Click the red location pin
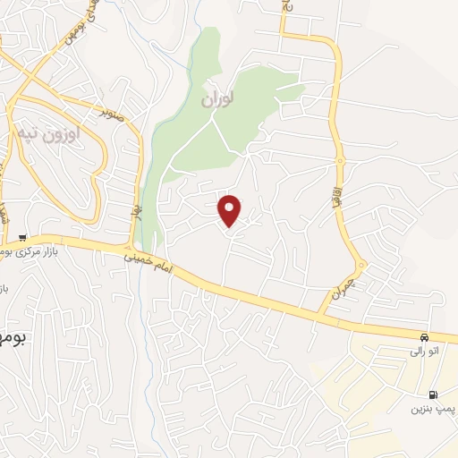point(230,210)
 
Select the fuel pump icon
point(434,394)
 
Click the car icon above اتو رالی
point(423,337)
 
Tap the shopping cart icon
point(21,237)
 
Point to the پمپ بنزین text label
point(428,410)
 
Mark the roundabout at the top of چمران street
point(360,266)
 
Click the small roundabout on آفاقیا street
point(340,161)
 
